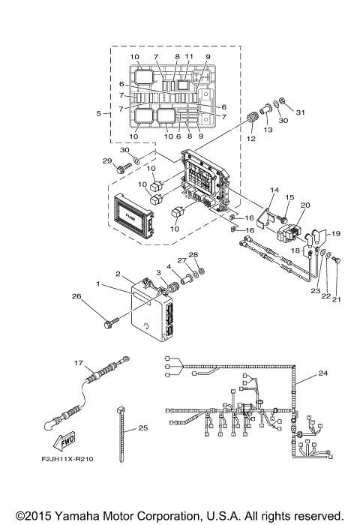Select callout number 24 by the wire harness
[x=322, y=373]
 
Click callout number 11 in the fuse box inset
[x=189, y=57]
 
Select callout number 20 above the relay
[x=305, y=205]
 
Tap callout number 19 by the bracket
[x=335, y=233]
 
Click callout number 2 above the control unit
[x=118, y=274]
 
